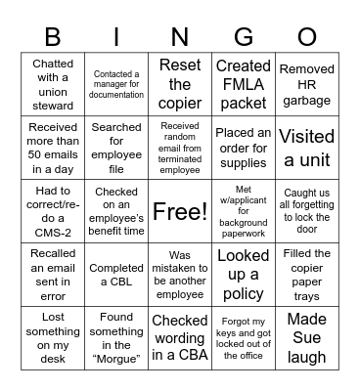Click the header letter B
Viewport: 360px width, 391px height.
[53, 37]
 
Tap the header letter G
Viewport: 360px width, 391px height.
[244, 37]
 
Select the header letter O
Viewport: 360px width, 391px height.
[306, 37]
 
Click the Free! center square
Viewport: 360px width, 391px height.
[180, 210]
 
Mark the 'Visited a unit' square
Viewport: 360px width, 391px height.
[306, 147]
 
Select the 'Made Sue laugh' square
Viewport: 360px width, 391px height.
[306, 338]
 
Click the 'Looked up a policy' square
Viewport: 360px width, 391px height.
[244, 275]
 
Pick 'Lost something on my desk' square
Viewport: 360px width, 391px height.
[53, 338]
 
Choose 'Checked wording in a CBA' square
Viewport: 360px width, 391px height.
[180, 338]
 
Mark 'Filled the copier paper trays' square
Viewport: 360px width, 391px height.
[306, 275]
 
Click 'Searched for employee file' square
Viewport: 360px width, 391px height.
[116, 147]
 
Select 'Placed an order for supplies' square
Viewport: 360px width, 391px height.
[244, 147]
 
